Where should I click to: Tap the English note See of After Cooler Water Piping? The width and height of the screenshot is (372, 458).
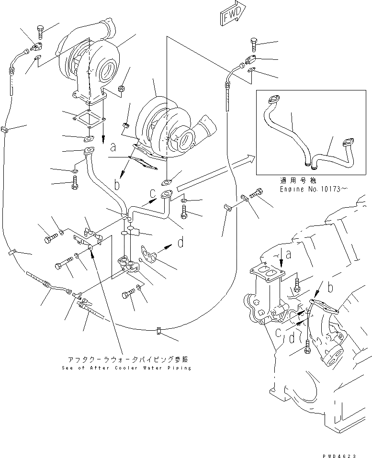[126, 368]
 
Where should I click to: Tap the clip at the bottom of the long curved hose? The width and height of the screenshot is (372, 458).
[158, 330]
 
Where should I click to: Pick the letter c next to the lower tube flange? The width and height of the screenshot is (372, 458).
[152, 193]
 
